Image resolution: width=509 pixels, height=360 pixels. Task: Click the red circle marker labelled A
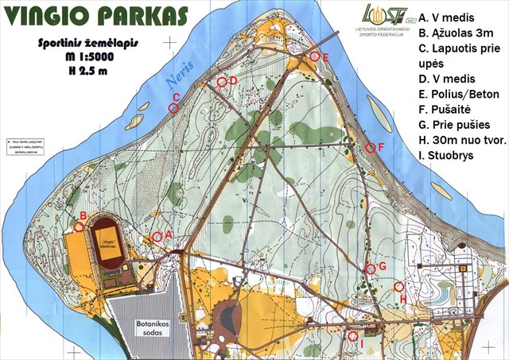coord(157,236)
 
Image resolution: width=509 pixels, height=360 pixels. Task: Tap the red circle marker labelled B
coord(79,226)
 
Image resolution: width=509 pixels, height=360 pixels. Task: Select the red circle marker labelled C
coord(174,108)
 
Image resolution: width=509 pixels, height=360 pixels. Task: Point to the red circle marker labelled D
coord(223,82)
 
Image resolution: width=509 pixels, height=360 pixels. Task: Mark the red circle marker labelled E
coord(315,56)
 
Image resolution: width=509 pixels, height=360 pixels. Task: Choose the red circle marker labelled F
coord(371,147)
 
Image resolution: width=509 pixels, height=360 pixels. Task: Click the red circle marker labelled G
coord(370,269)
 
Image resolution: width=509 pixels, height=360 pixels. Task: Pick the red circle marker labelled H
coord(399,287)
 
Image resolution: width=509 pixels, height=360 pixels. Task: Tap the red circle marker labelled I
coord(352,335)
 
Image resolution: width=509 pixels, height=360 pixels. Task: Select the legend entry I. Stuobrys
coord(450,156)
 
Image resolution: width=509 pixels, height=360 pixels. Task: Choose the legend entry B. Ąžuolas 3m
coord(460,32)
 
